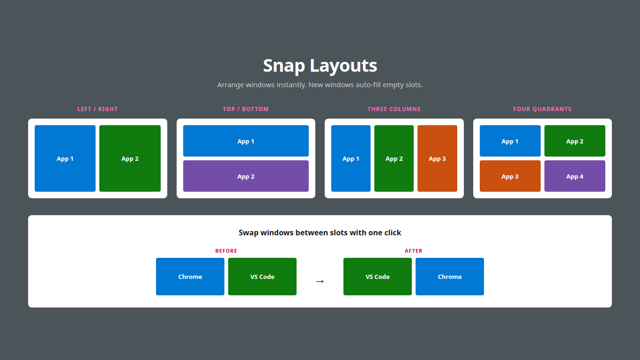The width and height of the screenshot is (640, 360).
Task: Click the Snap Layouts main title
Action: [320, 66]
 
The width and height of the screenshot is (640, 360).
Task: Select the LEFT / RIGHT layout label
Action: [97, 109]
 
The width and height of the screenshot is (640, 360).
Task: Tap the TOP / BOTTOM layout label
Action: [246, 109]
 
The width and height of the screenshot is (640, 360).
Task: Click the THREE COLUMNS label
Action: [394, 109]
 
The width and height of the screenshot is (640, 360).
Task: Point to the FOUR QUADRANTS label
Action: [542, 109]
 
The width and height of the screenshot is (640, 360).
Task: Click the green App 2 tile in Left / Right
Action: [130, 158]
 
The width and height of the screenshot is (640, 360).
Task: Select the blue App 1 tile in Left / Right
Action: [65, 158]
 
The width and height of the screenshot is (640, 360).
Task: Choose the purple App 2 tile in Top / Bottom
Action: [246, 176]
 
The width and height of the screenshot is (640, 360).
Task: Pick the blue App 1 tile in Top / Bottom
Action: [246, 141]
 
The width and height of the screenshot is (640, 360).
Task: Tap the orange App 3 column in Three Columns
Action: [437, 158]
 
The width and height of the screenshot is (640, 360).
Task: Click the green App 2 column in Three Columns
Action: [394, 158]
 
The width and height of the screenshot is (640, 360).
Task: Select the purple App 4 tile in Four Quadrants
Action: [574, 176]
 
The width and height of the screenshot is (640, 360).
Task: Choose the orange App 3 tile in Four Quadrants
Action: [510, 176]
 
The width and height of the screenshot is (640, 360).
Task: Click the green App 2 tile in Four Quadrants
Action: [574, 141]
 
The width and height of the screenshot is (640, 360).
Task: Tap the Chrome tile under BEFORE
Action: [190, 277]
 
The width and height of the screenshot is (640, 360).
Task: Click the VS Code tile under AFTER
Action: [378, 277]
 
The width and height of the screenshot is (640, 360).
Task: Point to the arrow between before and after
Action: [320, 281]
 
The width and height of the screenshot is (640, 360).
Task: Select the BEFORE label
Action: [226, 251]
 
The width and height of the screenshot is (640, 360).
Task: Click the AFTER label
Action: [414, 251]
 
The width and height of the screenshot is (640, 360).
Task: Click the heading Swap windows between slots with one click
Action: [320, 232]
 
